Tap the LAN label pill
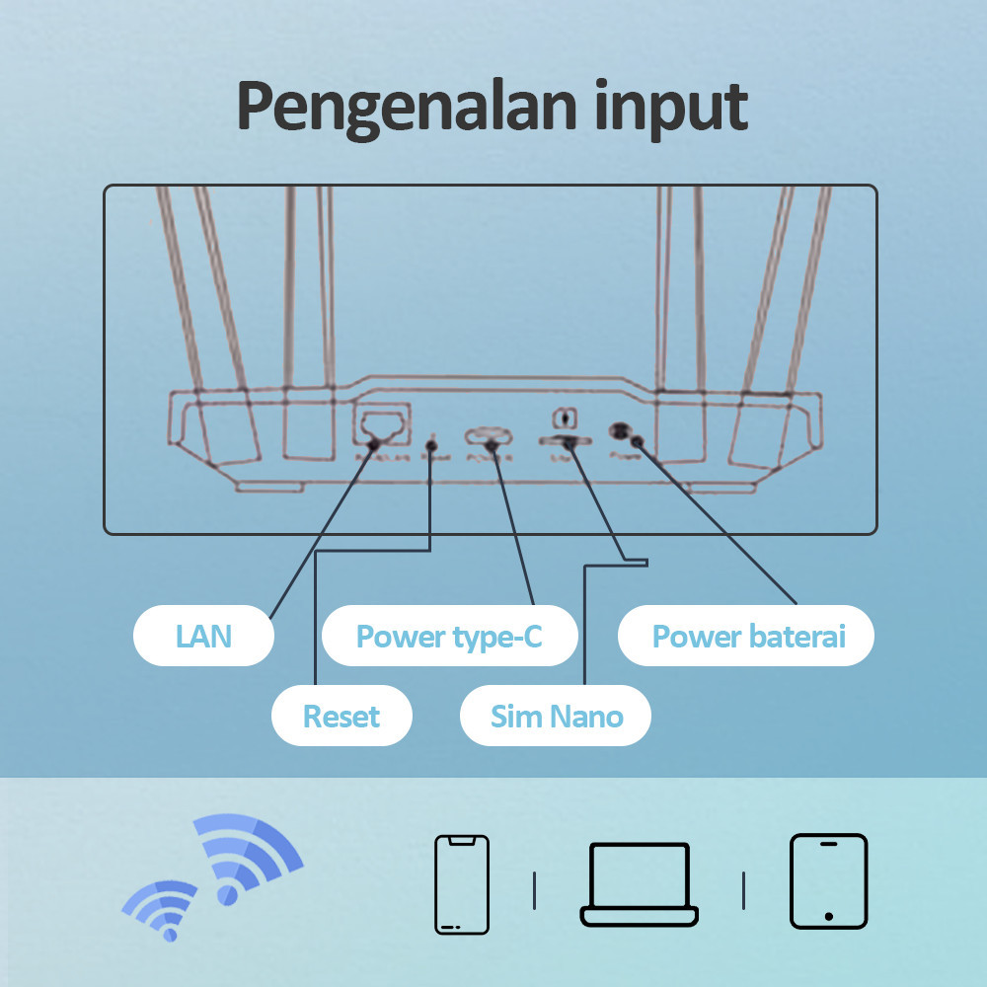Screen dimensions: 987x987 (203, 636)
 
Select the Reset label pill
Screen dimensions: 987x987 (342, 716)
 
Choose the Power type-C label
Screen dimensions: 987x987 (449, 636)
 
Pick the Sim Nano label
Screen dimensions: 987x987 (557, 716)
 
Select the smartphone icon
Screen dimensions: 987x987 (462, 883)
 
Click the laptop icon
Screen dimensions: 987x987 (639, 884)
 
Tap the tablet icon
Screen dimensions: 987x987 (828, 881)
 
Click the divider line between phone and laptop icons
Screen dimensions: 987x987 (534, 890)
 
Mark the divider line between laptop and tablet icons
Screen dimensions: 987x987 (744, 890)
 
